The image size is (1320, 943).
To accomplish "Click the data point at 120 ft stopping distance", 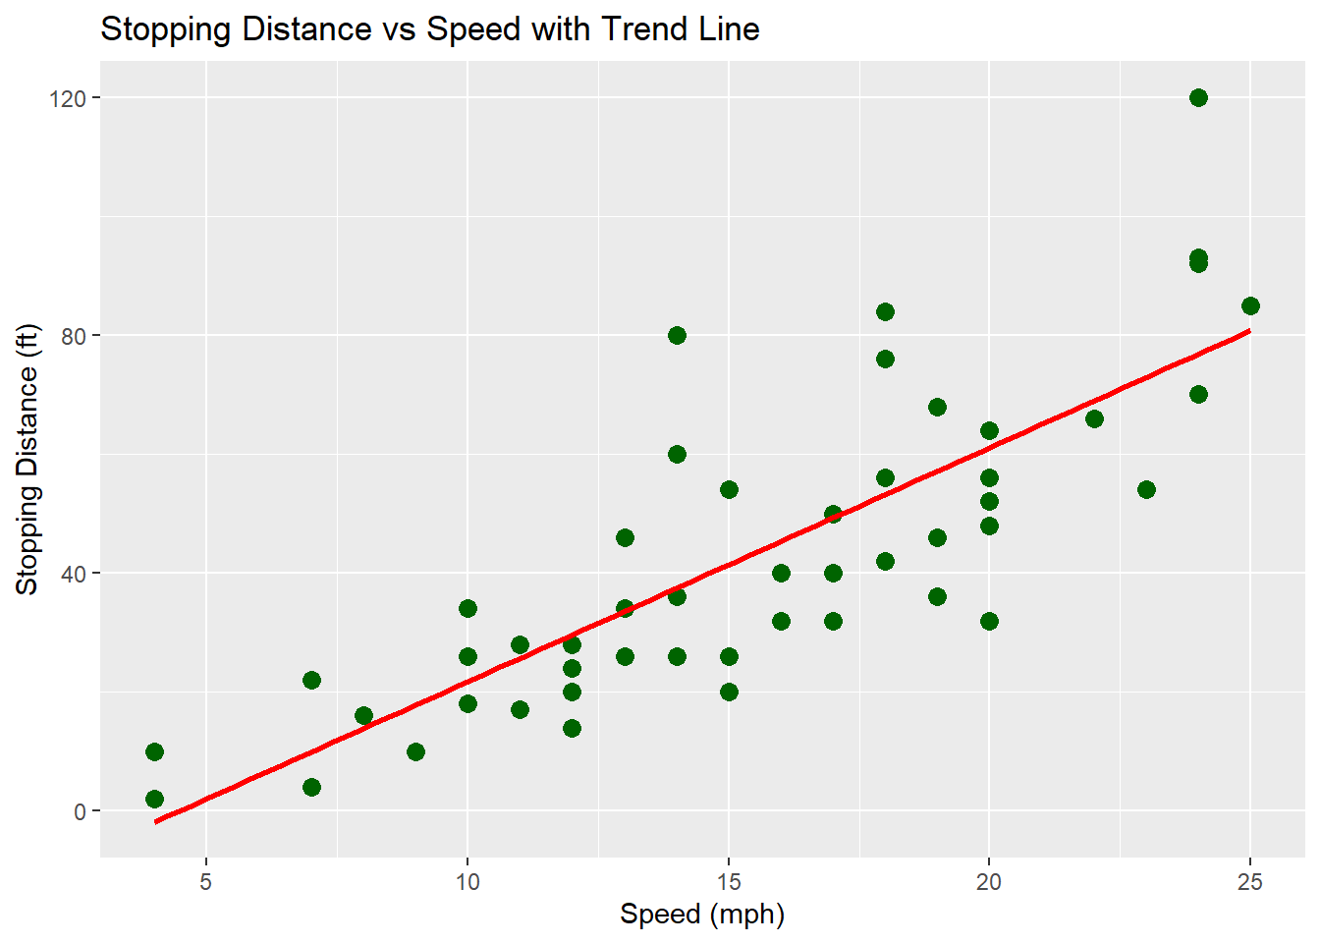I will [x=1198, y=97].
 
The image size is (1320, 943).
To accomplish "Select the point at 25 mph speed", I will [x=1250, y=305].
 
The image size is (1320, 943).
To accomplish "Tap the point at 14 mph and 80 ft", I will [x=677, y=335].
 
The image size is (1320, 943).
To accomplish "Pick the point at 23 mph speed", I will [x=1146, y=489].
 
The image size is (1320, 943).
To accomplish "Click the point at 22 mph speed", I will [x=1094, y=418].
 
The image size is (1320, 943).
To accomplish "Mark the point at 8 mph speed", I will [x=363, y=715].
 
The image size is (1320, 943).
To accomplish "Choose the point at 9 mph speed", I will [x=415, y=751].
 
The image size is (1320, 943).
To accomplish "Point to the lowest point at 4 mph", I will [x=154, y=799].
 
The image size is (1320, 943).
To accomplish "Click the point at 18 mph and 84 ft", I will [x=885, y=311].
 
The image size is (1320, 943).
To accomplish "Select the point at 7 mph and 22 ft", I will [x=311, y=680].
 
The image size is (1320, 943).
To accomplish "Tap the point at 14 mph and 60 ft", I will [x=677, y=454].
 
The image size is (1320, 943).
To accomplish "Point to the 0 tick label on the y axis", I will [x=81, y=811].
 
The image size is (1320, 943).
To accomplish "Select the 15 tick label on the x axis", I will [x=729, y=881].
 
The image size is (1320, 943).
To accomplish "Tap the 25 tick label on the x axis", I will [x=1250, y=881].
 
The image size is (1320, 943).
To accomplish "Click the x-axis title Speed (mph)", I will [x=702, y=915].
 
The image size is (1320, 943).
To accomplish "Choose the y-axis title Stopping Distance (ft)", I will [x=27, y=460].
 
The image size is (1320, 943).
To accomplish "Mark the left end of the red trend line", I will [x=155, y=821].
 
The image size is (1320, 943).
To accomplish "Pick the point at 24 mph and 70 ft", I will [x=1198, y=394].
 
